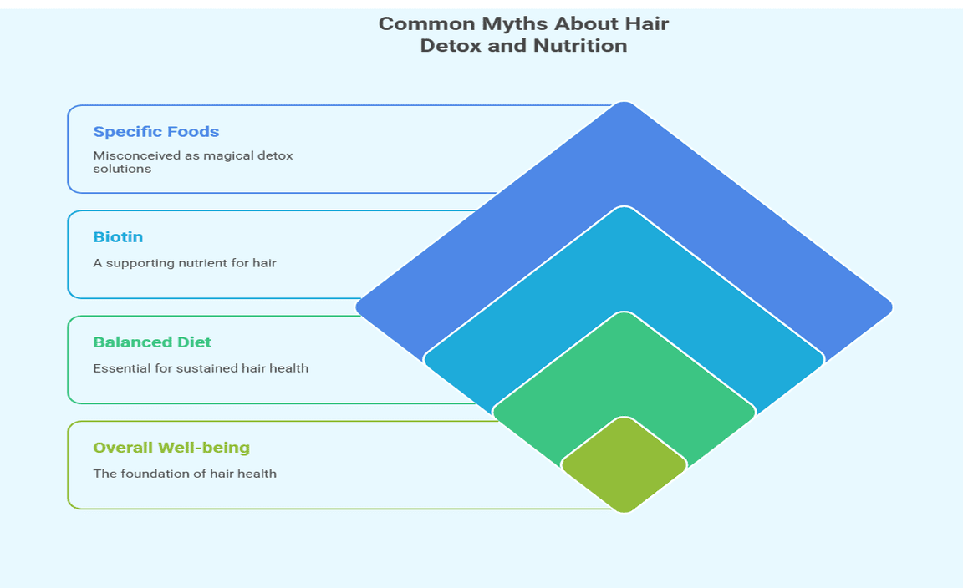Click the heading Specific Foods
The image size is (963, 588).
(156, 132)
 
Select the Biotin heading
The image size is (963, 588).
(118, 237)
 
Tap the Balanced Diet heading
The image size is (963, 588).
(151, 342)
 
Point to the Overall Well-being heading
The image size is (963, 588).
(171, 448)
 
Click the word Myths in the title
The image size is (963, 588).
(516, 24)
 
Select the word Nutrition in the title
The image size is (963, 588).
(580, 46)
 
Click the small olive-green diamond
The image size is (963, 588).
(624, 464)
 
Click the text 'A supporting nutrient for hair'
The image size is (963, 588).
(184, 263)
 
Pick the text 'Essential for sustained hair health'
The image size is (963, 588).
(201, 368)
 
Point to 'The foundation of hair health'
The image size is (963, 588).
(184, 474)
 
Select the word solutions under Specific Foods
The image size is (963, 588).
(121, 169)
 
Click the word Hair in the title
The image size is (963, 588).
(647, 24)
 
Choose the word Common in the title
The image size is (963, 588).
(427, 24)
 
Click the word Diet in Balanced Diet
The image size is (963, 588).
(194, 342)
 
